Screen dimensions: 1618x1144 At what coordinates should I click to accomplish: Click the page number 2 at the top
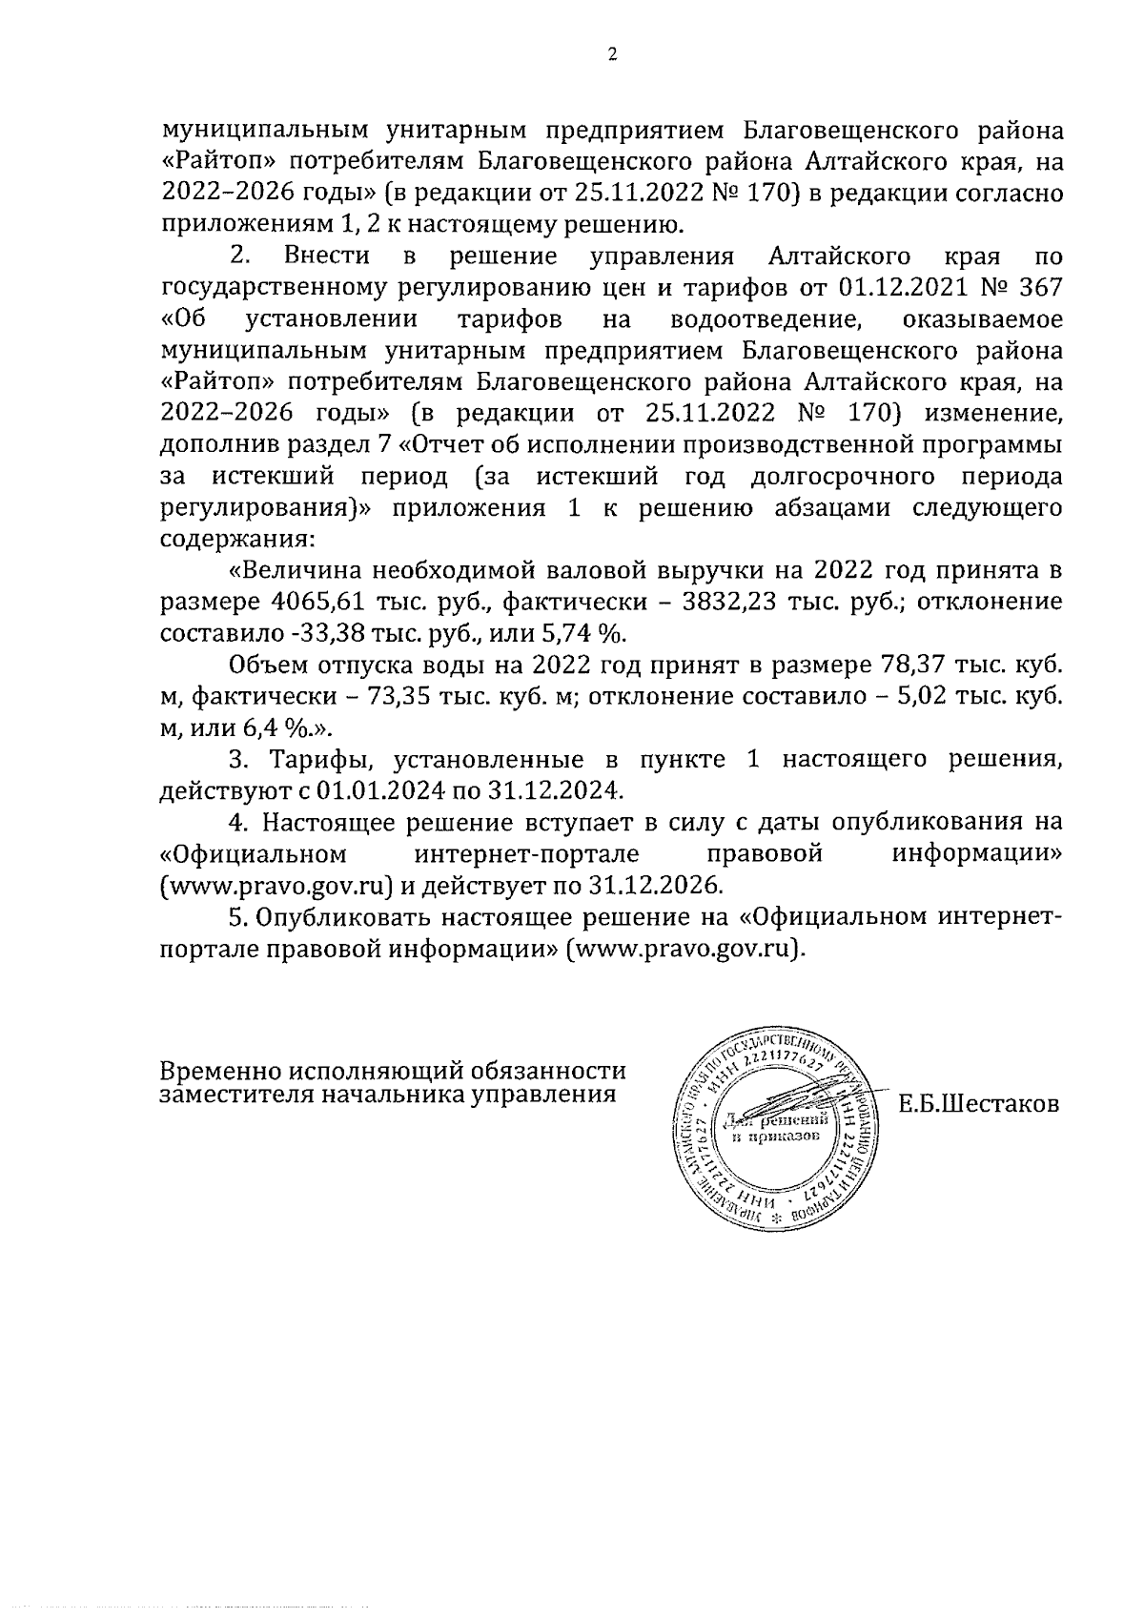tap(612, 55)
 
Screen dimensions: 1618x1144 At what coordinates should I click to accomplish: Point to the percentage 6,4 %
tap(285, 728)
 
